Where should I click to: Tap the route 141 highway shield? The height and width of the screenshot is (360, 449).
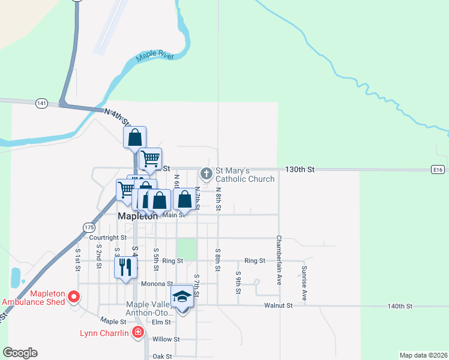pos(41,103)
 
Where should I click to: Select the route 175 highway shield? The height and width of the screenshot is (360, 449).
pos(88,227)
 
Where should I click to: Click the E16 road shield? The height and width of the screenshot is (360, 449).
pos(438,170)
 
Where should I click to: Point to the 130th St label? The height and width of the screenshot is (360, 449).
pos(300,170)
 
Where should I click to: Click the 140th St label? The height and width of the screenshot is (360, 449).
pos(400,306)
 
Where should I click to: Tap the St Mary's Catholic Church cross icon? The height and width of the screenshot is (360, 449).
pos(206,174)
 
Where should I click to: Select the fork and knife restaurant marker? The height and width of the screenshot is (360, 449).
pos(125,266)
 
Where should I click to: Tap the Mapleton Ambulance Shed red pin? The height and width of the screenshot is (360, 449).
pos(74,296)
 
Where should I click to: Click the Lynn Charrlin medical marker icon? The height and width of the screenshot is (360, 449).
pos(139,332)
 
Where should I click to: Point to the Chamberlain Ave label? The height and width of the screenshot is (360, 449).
pos(279,255)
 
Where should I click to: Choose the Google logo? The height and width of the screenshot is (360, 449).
pos(20,353)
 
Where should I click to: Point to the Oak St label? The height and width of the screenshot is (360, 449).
pos(162,356)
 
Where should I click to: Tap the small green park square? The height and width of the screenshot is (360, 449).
pos(187,249)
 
